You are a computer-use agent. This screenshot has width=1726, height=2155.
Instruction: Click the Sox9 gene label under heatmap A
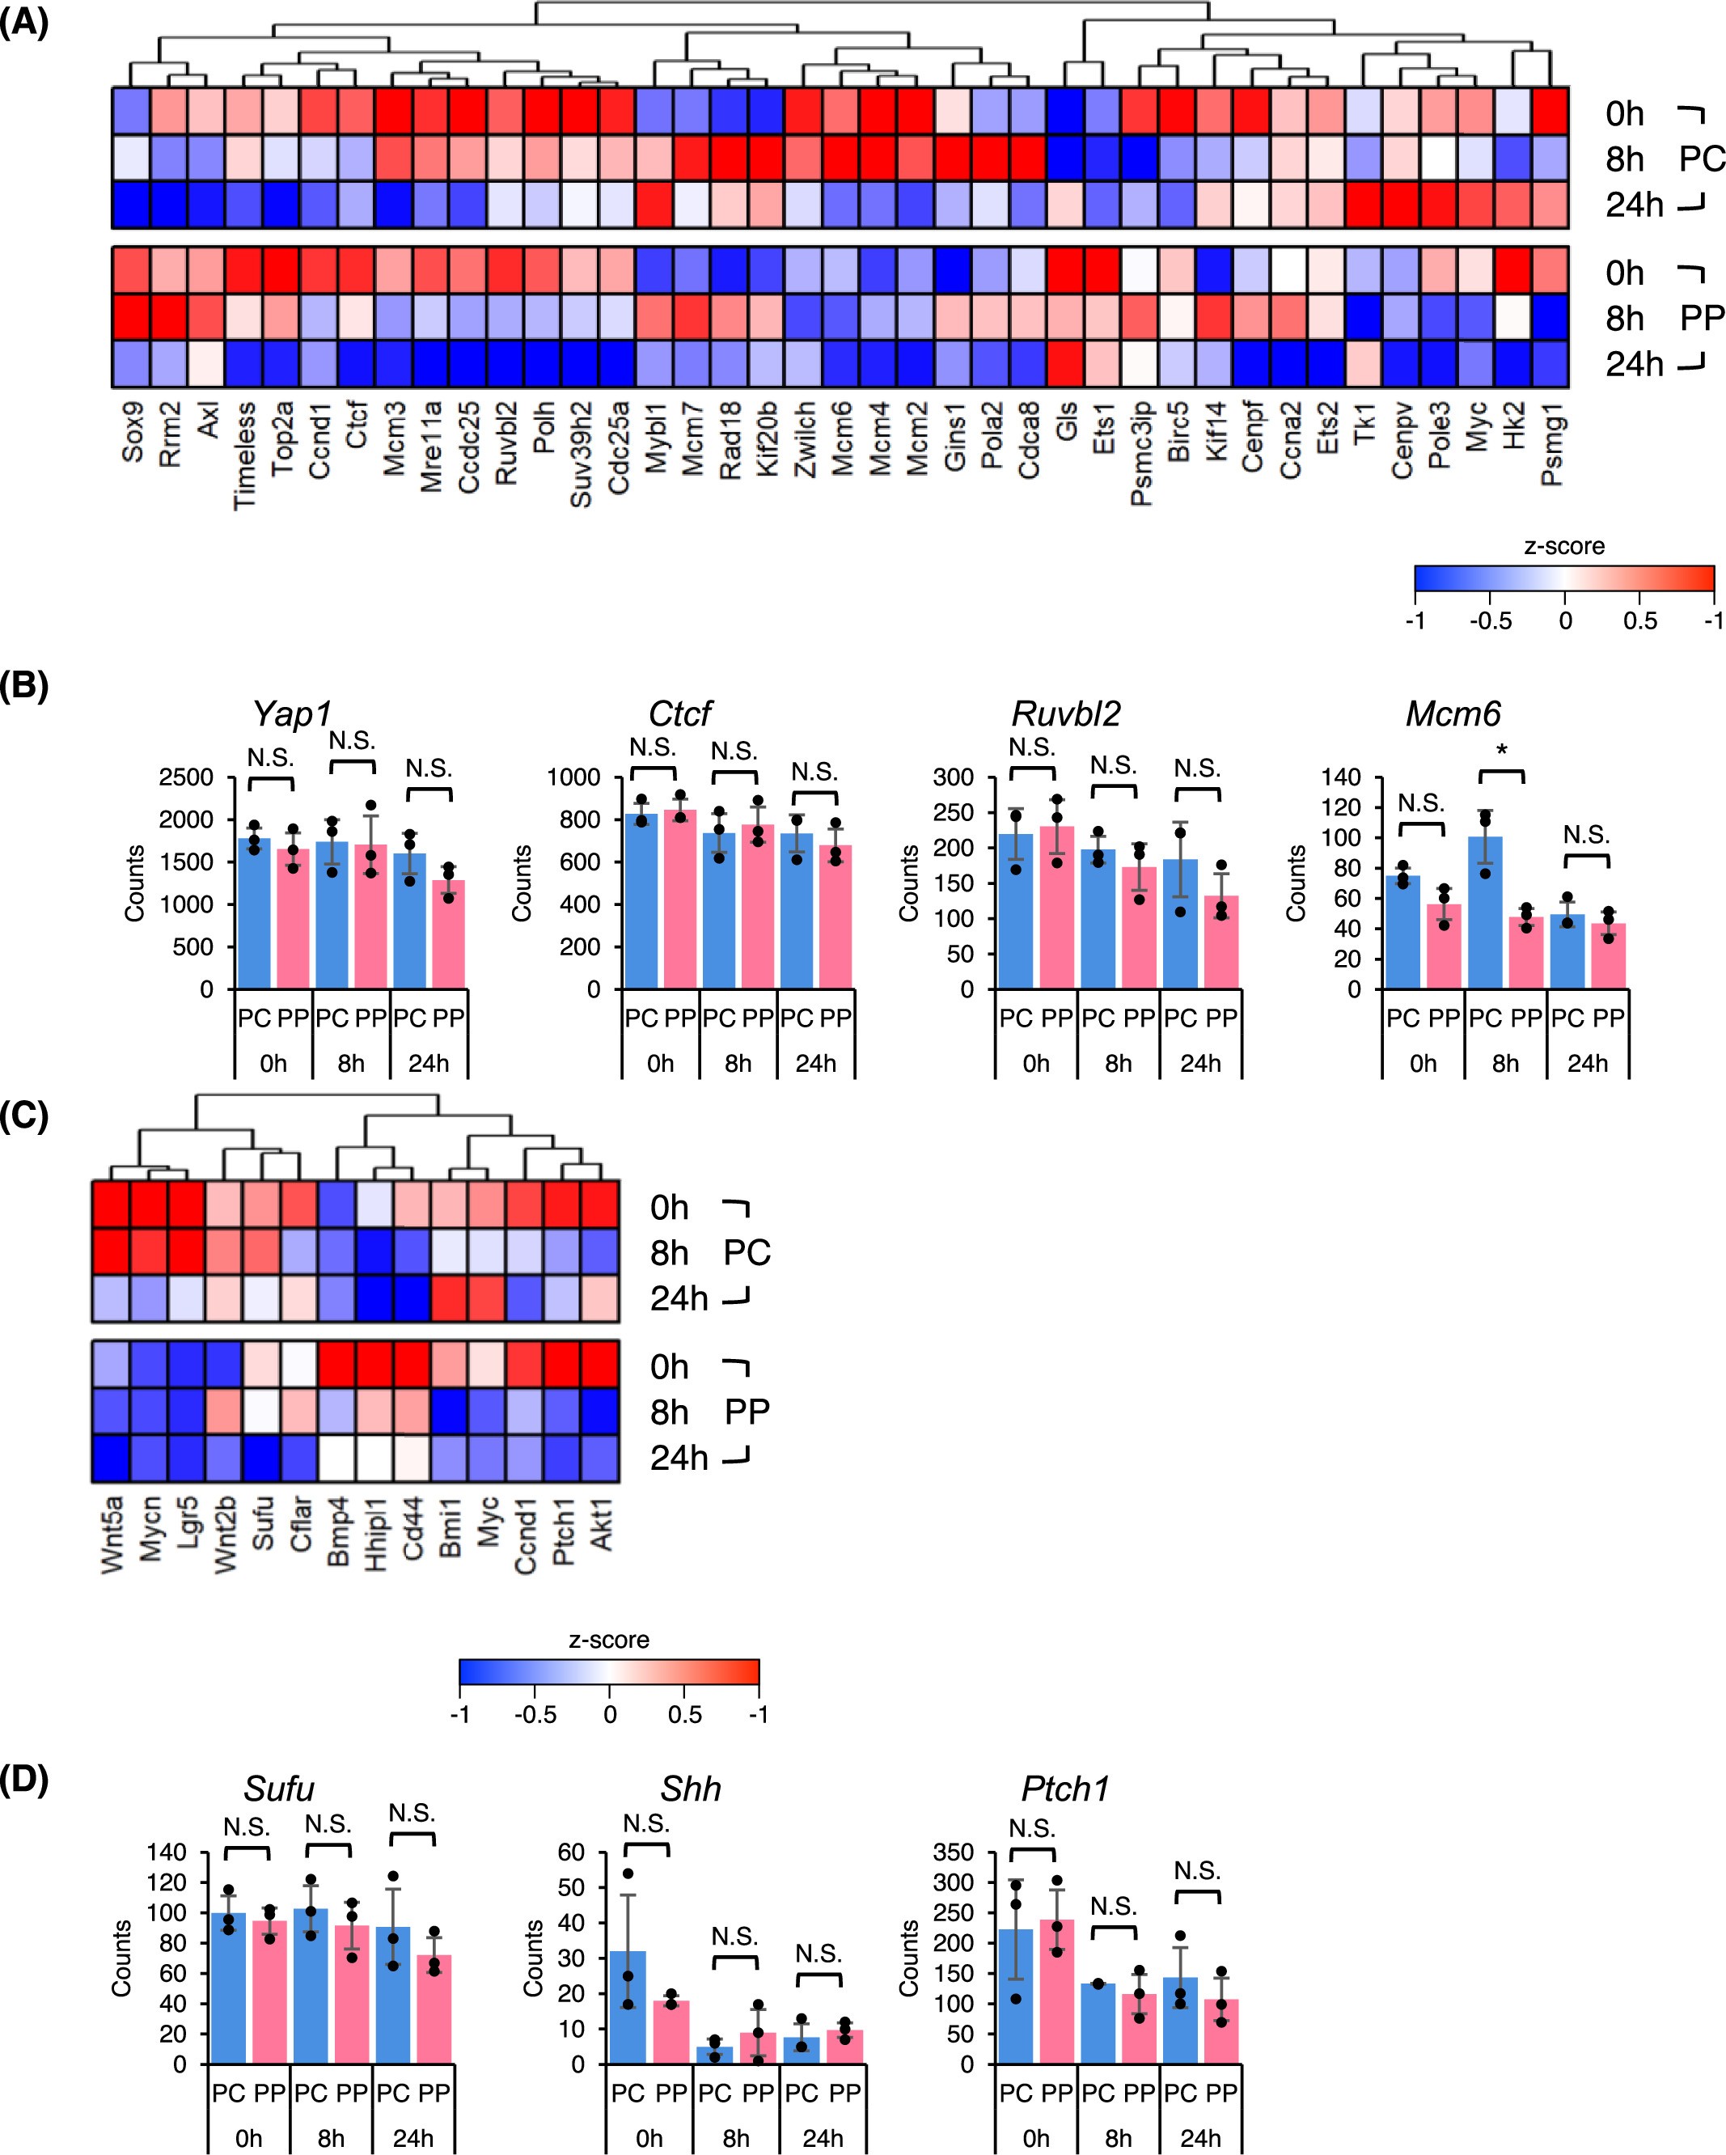tap(132, 433)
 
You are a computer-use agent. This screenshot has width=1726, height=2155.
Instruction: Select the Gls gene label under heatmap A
tap(1066, 425)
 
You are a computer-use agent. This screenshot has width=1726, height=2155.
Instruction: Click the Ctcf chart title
tap(679, 713)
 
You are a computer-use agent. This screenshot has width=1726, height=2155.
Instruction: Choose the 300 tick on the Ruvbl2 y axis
tap(953, 777)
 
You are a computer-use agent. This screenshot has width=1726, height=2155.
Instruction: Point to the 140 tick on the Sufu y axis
tap(166, 1852)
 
